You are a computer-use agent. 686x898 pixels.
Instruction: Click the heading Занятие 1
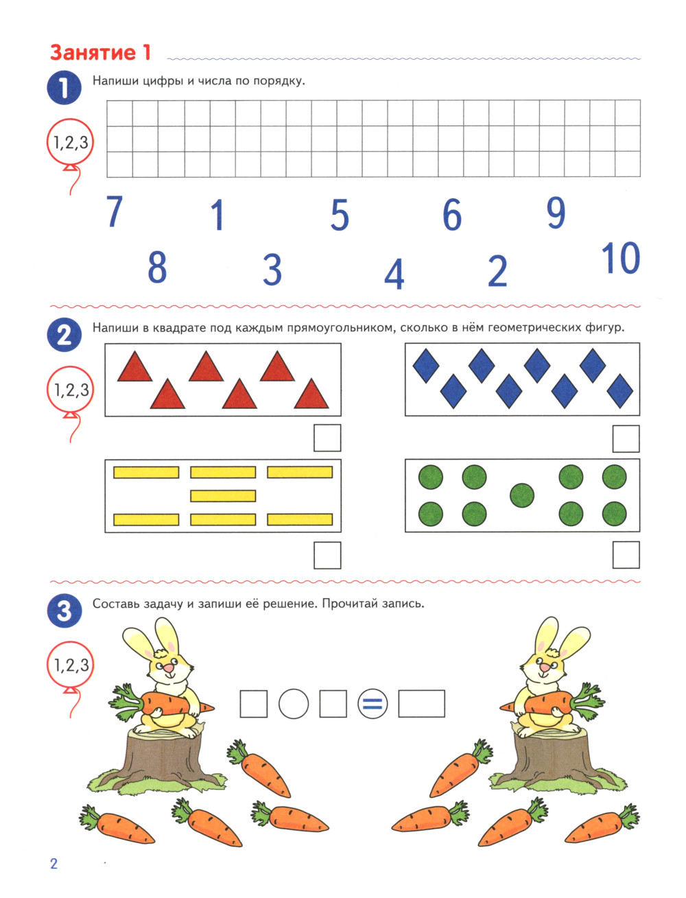click(x=101, y=53)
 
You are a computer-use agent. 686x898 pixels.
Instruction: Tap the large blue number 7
click(x=114, y=211)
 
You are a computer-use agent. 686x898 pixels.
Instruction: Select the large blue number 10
click(x=620, y=258)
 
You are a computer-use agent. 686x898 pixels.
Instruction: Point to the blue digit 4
click(x=394, y=274)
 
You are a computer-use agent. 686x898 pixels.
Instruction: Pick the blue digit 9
click(x=556, y=213)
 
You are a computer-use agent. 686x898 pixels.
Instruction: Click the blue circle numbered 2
click(x=64, y=335)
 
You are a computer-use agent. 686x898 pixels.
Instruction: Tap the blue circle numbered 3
click(x=64, y=611)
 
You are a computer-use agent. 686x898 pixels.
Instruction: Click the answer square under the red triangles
click(x=327, y=438)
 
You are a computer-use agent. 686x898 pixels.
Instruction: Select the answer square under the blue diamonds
click(x=626, y=438)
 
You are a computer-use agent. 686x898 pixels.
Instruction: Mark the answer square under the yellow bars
click(x=327, y=555)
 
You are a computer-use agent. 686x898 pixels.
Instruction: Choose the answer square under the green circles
click(x=626, y=555)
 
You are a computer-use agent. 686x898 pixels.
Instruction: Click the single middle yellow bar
click(x=223, y=496)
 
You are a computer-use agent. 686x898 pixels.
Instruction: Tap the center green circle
click(x=521, y=495)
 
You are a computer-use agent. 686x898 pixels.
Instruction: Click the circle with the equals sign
click(x=372, y=704)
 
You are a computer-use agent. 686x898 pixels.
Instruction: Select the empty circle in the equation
click(x=294, y=704)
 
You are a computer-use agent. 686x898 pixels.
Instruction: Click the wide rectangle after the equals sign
click(x=421, y=704)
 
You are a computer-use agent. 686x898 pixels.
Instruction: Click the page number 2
click(x=54, y=863)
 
